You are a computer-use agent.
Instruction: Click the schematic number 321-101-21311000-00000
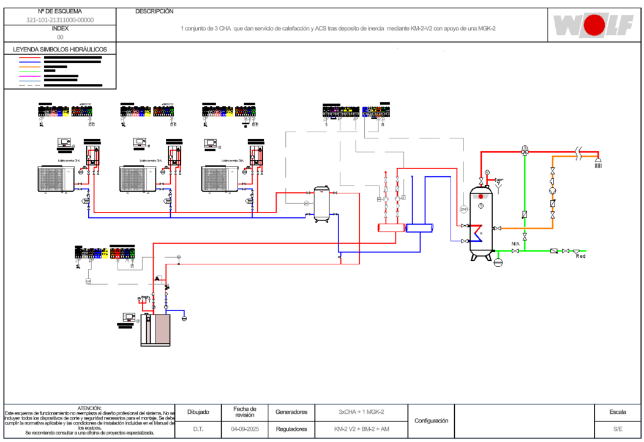coord(60,20)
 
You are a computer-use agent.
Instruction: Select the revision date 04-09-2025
coord(245,429)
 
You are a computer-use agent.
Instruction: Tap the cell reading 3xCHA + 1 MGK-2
coord(361,412)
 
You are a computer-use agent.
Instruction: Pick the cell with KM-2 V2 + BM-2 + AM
coord(361,429)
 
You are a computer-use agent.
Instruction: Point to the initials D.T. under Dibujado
coord(198,429)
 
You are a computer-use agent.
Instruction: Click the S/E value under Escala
coord(618,429)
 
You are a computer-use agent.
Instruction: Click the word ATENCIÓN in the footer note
coord(90,408)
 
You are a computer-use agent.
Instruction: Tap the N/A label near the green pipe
coord(515,244)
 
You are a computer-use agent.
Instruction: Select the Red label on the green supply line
coord(580,256)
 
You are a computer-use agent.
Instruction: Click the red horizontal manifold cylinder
coord(391,228)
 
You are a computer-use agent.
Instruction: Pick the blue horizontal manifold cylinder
coord(419,228)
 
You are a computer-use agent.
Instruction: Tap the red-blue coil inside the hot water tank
coord(477,233)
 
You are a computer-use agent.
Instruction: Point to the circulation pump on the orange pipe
coord(553,190)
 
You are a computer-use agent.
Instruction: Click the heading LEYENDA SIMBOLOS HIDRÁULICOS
coord(60,49)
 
